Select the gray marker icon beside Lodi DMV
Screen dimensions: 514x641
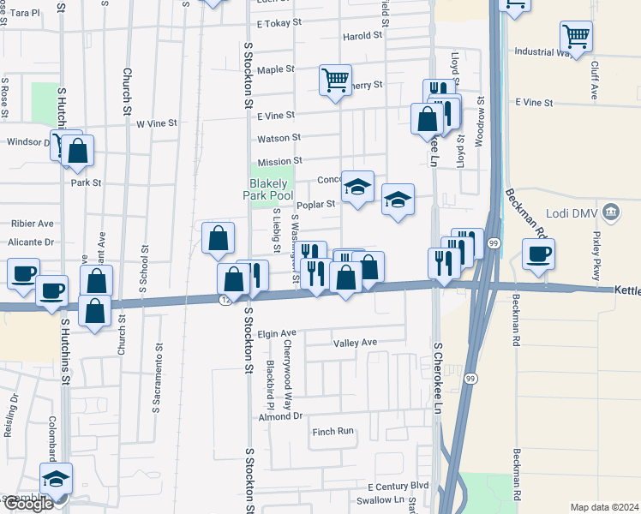611,211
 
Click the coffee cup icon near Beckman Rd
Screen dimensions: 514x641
537,254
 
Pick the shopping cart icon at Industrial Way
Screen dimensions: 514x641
576,37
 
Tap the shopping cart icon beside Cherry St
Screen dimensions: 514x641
335,80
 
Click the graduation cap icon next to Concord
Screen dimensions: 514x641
357,186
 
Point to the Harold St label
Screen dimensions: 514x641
362,36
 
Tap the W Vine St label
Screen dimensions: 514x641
157,123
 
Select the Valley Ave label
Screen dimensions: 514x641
355,343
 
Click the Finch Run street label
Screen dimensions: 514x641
332,432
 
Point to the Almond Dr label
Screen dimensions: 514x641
281,416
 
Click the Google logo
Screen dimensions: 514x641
27,504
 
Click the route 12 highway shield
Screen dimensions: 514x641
225,300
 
